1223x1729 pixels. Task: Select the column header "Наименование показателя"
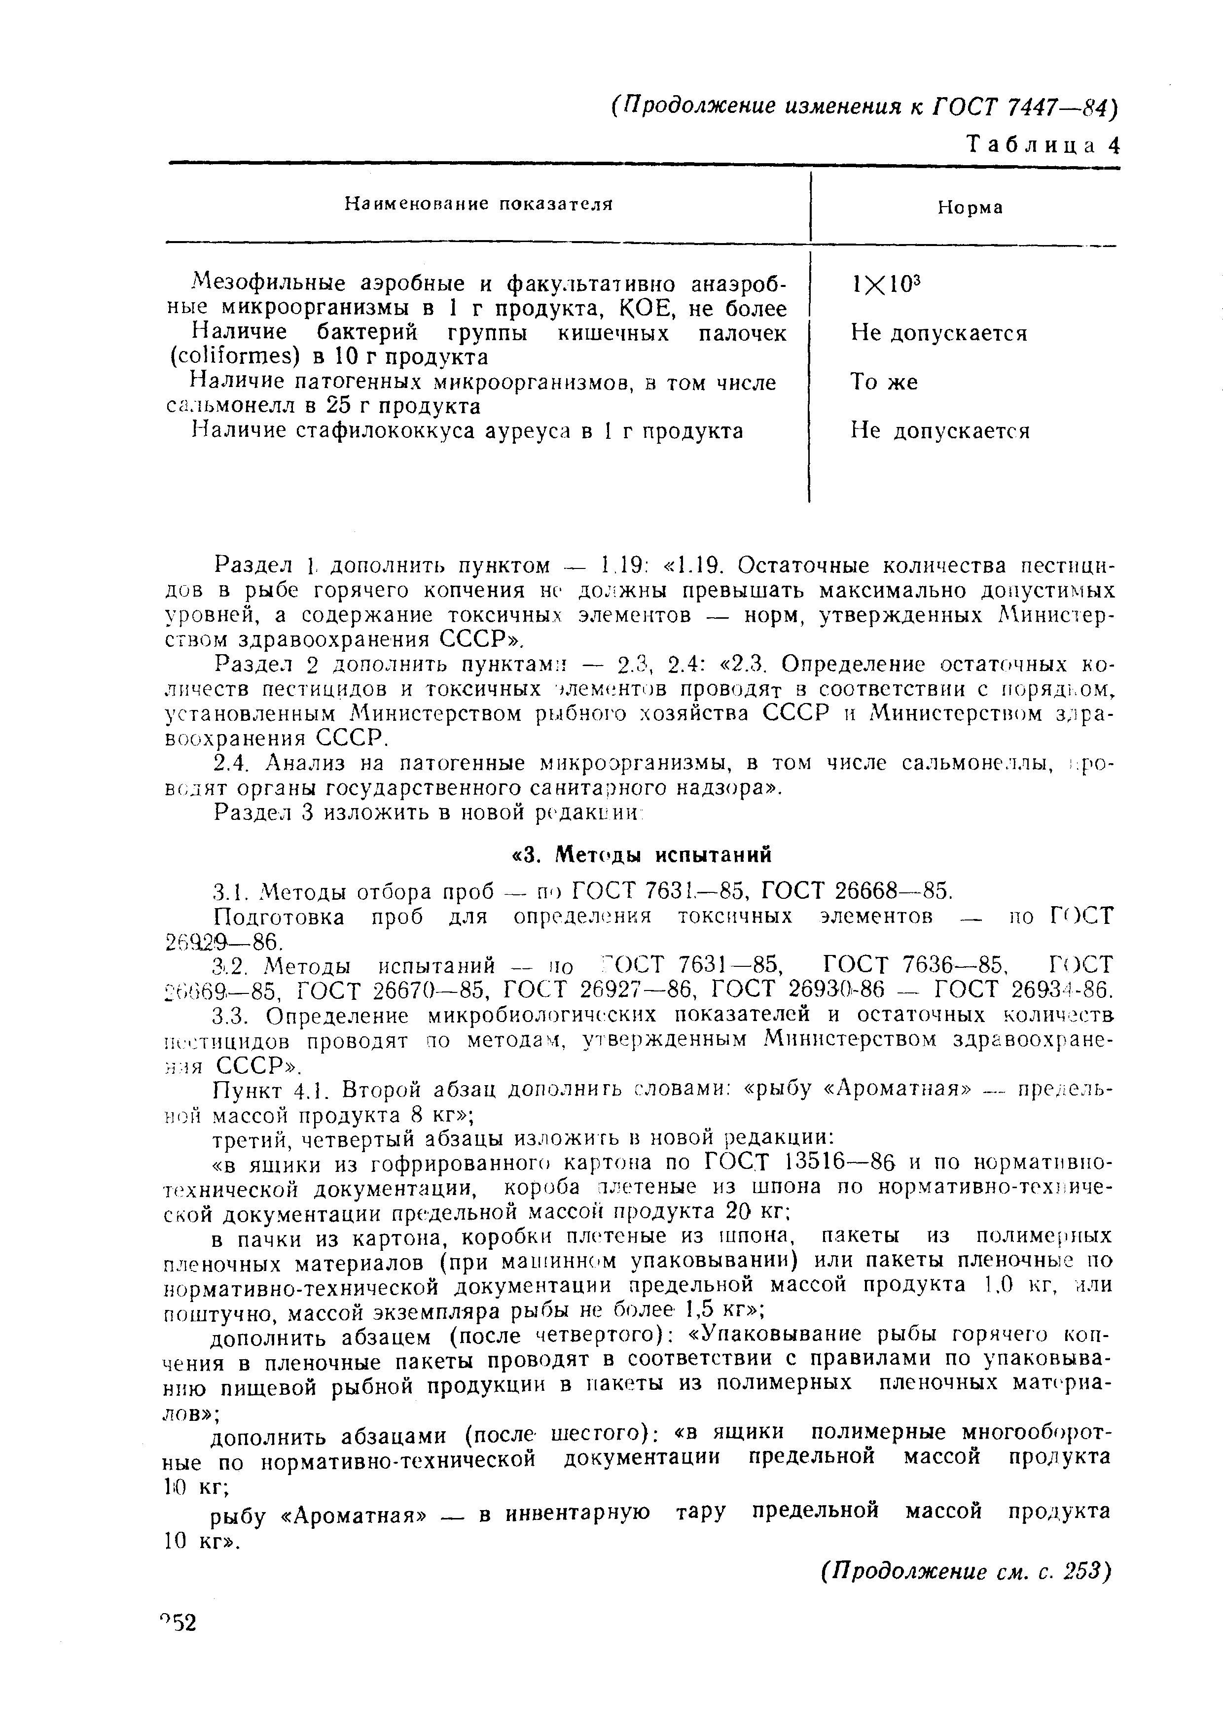click(x=478, y=204)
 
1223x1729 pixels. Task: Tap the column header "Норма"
click(x=970, y=208)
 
